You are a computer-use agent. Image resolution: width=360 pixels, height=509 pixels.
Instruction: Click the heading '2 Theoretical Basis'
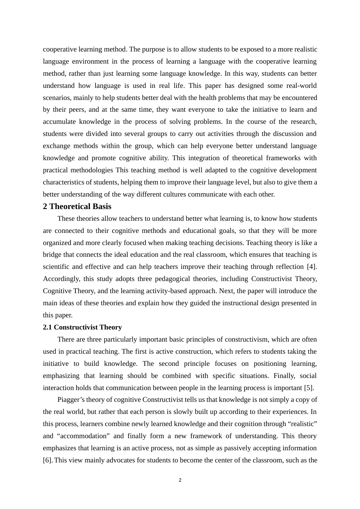click(77, 206)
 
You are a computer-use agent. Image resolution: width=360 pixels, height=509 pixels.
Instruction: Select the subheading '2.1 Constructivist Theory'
click(82, 327)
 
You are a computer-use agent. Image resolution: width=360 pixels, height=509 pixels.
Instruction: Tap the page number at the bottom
click(180, 480)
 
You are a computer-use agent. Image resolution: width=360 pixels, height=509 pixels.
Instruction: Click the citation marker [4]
click(312, 267)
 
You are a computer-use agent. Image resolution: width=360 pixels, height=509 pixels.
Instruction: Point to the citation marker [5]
click(309, 388)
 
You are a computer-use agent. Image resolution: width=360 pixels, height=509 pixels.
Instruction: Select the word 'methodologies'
click(93, 170)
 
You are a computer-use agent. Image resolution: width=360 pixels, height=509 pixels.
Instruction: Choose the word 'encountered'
click(298, 98)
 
